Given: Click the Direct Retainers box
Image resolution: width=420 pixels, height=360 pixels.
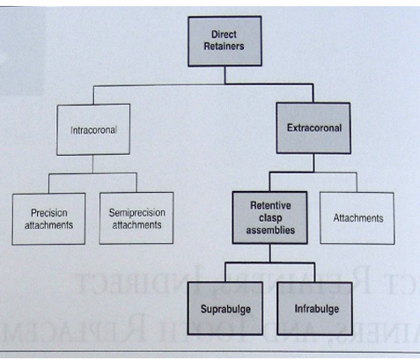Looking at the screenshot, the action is [x=225, y=41].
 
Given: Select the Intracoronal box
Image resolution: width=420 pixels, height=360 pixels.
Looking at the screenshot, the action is [x=93, y=129].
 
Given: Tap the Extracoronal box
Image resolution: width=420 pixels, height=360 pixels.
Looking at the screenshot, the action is [x=313, y=128].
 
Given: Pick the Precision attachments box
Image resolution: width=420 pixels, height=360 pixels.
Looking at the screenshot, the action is [x=48, y=219].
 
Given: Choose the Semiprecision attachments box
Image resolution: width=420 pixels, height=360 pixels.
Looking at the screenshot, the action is [x=136, y=218].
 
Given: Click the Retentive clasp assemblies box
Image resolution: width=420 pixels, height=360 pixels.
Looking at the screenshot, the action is [x=270, y=217].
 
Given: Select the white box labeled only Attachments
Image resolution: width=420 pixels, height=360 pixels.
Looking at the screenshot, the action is [x=357, y=218].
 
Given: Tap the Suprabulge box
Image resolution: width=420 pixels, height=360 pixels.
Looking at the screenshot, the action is [x=225, y=309].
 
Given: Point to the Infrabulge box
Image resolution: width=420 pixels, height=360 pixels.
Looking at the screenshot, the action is [x=315, y=309].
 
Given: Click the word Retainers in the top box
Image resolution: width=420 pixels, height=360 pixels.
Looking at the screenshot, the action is [x=224, y=47].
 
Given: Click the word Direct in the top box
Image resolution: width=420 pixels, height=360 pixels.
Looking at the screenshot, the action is [x=224, y=34].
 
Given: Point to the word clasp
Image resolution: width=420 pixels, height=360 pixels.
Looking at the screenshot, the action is [x=270, y=218].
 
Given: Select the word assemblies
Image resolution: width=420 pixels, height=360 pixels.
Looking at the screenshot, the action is [x=270, y=230].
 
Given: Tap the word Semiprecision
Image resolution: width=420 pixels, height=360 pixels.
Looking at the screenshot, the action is [x=137, y=213].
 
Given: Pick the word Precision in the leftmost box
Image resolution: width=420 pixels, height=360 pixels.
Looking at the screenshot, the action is [x=49, y=213].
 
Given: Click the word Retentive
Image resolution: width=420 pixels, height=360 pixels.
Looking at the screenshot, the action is [x=270, y=205].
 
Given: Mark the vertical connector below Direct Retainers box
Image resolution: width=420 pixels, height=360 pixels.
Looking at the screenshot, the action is [x=225, y=76].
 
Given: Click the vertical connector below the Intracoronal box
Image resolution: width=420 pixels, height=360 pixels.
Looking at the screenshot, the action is [x=92, y=165].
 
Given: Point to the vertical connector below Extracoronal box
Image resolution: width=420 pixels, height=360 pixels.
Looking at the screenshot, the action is [x=313, y=163].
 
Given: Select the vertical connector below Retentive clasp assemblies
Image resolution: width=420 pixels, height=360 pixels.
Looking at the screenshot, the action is [x=270, y=253].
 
